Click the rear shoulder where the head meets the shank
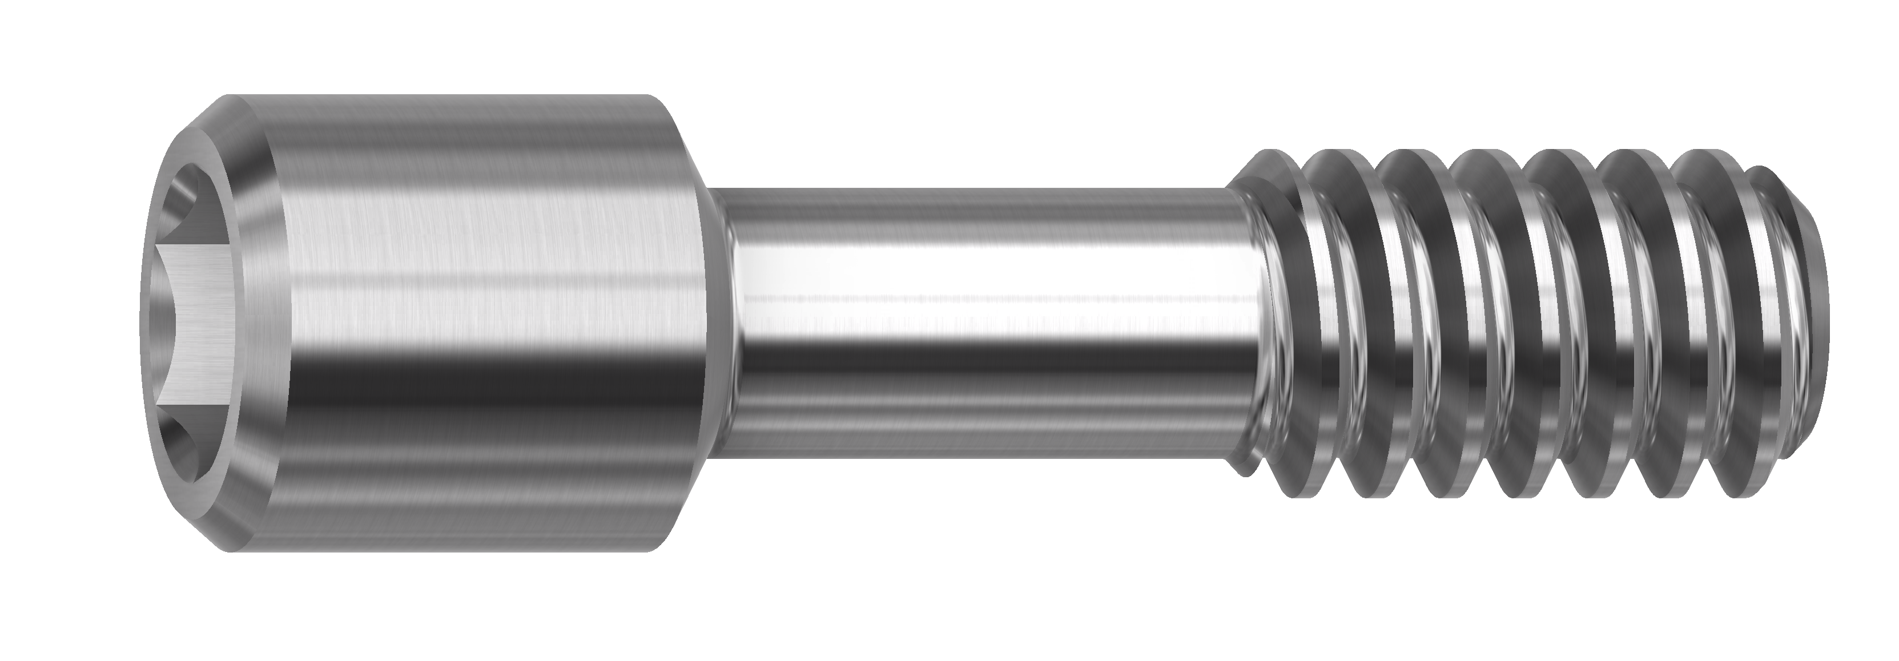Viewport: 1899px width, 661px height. pos(711,324)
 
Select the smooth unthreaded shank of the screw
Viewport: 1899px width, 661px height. pos(980,324)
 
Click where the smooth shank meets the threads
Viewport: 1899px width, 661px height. pos(1246,324)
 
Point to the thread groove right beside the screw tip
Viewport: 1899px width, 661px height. pos(1732,324)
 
